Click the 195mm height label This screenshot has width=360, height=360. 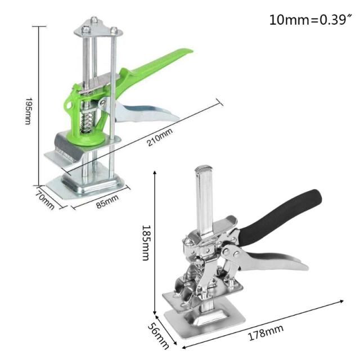28,110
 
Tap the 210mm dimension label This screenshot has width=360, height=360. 159,138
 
